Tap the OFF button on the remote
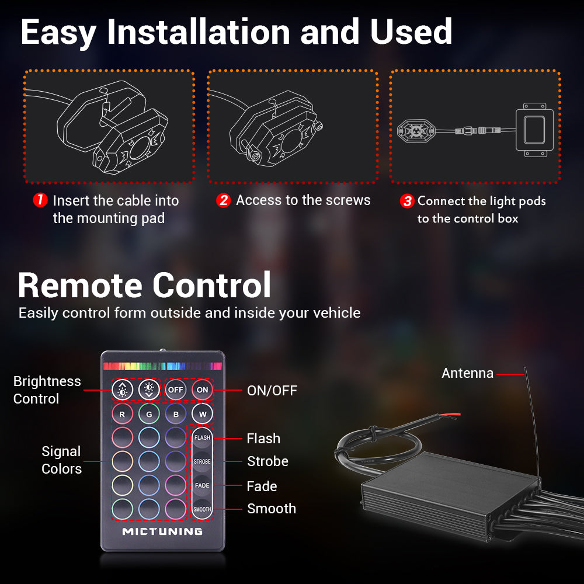pos(176,390)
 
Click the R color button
pos(123,414)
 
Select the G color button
pos(150,414)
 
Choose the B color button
pos(176,414)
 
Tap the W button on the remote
pos(202,414)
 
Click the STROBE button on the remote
pos(202,461)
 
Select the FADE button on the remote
pos(202,485)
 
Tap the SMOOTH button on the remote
pos(202,509)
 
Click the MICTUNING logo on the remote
pos(162,531)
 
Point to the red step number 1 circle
pos(40,200)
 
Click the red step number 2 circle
pos(223,200)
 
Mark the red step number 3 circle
pos(406,201)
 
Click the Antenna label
pos(467,373)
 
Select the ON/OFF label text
pos(272,390)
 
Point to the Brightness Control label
pos(47,390)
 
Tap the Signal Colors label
pos(61,460)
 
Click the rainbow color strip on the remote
pos(162,366)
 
